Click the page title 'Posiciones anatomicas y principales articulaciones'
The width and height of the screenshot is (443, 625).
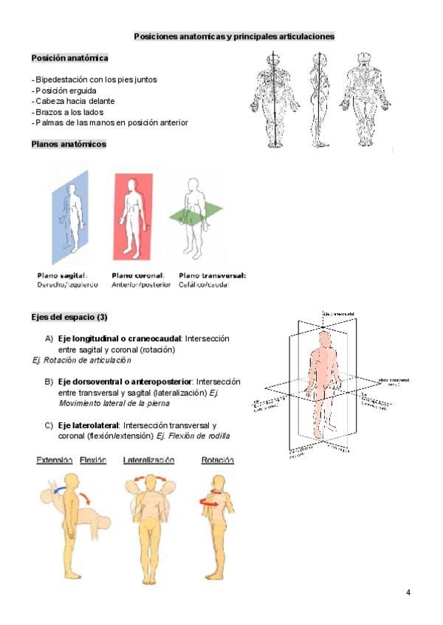(x=234, y=35)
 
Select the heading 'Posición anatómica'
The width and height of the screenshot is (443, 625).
(x=70, y=57)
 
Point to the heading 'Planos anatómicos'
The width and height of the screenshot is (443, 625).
(x=69, y=144)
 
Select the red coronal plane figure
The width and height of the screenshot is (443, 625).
(x=133, y=214)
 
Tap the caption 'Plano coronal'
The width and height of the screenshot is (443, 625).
(x=138, y=276)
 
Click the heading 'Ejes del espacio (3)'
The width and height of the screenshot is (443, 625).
(x=69, y=317)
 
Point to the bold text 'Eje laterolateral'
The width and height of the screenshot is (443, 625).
(x=89, y=425)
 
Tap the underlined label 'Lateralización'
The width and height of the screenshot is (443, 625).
(x=148, y=460)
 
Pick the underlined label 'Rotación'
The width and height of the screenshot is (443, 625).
(x=218, y=460)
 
